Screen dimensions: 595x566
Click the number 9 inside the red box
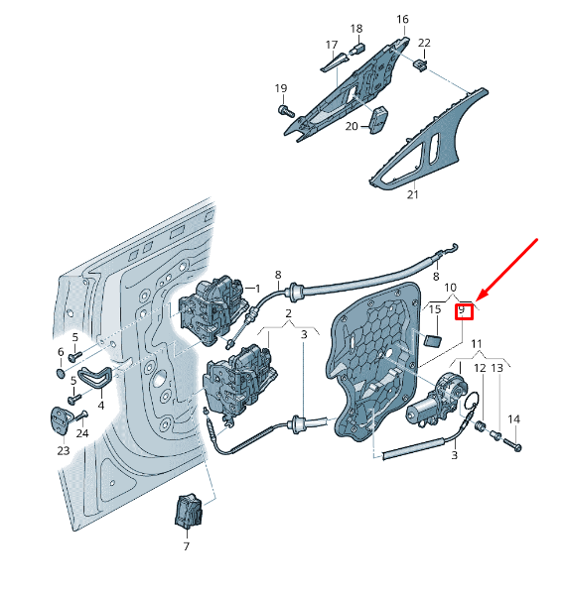coord(462,312)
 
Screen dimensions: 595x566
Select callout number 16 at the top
coord(402,19)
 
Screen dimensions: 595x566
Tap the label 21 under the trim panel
coord(413,195)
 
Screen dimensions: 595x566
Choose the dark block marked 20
coord(380,118)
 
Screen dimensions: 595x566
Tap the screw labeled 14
coord(516,447)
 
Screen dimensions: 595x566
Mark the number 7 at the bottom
coord(186,546)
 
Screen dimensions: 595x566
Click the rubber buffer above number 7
coord(187,510)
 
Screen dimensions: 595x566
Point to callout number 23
coord(63,450)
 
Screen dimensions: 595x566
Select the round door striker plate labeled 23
coord(61,418)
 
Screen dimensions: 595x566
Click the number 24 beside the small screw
coord(82,432)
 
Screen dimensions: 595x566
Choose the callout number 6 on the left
coord(61,352)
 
